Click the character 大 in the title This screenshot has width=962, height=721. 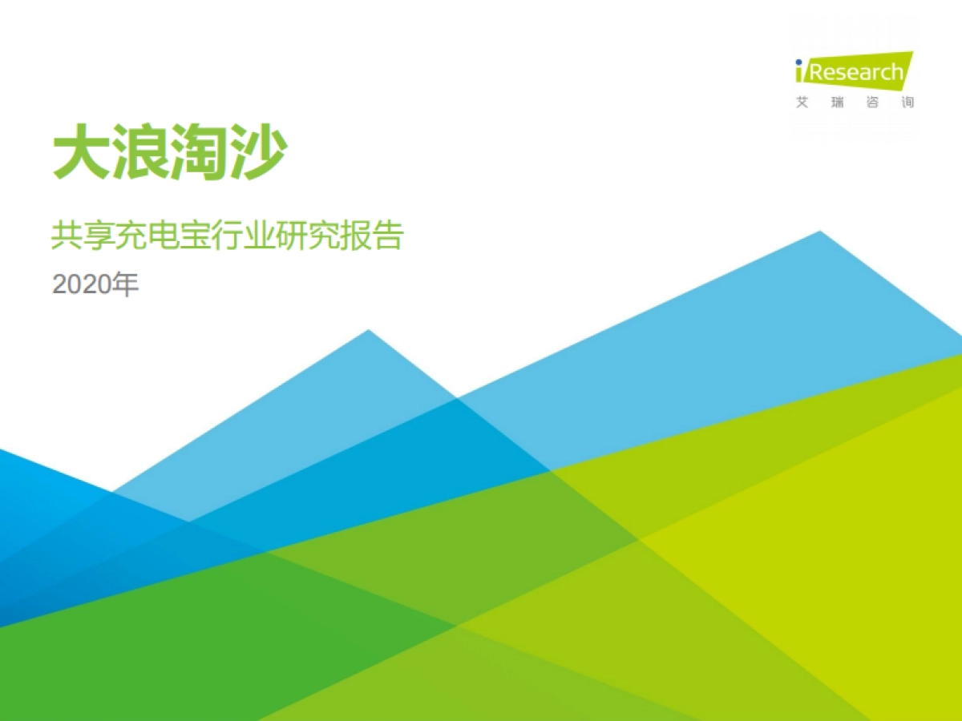(81, 152)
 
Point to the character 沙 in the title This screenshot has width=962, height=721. (257, 152)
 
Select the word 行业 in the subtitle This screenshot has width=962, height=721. (256, 236)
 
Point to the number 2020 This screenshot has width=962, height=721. (80, 285)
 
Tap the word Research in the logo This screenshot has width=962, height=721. (856, 73)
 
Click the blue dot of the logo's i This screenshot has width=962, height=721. (799, 62)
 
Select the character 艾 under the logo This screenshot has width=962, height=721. (802, 103)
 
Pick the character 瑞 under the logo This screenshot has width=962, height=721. (837, 103)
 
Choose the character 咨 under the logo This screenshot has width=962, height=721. (872, 103)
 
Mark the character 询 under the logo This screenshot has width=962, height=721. (907, 103)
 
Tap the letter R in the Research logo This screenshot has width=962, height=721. (816, 73)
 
